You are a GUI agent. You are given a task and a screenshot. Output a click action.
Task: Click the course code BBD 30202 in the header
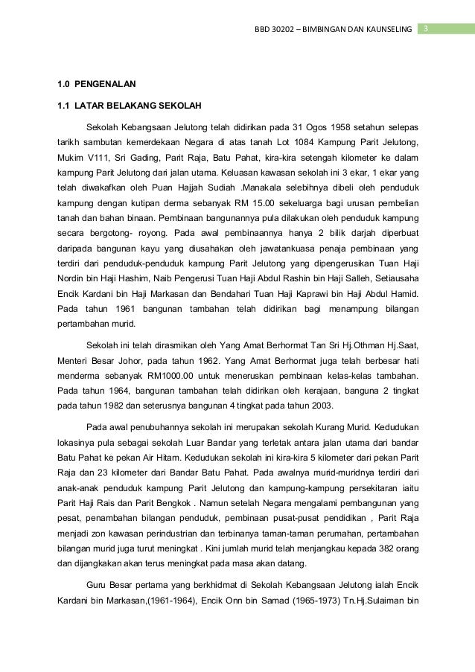tap(276, 29)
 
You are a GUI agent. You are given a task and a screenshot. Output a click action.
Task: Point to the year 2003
tap(320, 406)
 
